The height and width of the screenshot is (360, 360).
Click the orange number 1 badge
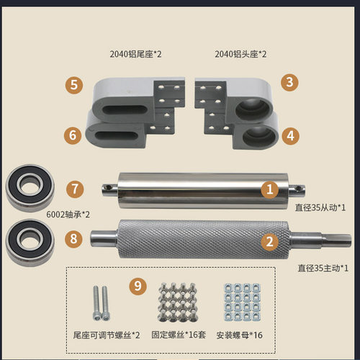269,189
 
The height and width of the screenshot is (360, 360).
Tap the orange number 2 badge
270,242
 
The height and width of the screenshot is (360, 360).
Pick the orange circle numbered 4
289,135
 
